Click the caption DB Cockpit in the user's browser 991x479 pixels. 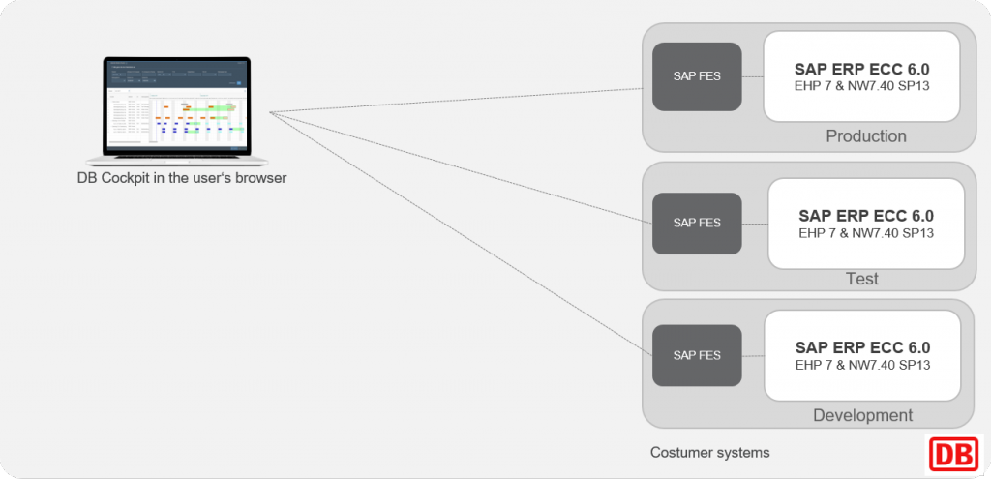(x=182, y=178)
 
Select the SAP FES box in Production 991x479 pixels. (x=697, y=76)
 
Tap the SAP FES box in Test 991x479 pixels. (x=697, y=223)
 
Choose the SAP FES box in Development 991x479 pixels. (x=697, y=355)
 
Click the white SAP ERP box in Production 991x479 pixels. (x=861, y=75)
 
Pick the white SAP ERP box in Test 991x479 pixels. (x=865, y=223)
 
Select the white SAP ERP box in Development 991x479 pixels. (x=861, y=355)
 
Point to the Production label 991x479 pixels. (x=865, y=136)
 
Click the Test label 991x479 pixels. (x=861, y=279)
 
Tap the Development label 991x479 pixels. (x=862, y=415)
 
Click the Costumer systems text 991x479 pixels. (x=709, y=452)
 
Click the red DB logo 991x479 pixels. (x=953, y=453)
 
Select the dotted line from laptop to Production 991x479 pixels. (x=455, y=101)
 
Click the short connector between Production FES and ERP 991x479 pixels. (x=752, y=76)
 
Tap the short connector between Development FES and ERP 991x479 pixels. (x=752, y=355)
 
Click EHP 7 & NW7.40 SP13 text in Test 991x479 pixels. (x=865, y=233)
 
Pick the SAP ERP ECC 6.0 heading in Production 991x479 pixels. (x=861, y=69)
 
